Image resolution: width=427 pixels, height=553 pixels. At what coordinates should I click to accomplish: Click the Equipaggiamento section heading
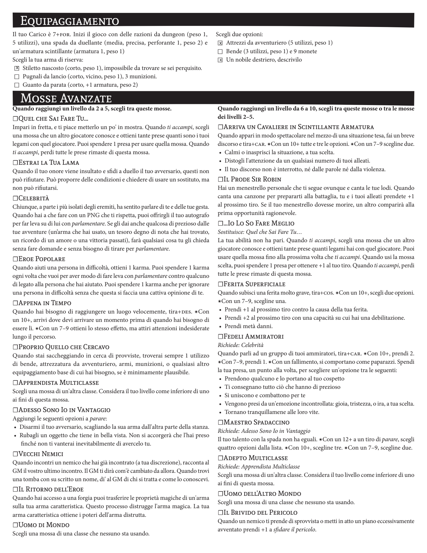70,21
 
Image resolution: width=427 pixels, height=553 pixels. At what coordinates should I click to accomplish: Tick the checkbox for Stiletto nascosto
17,68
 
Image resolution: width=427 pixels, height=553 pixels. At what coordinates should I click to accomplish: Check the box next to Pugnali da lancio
17,77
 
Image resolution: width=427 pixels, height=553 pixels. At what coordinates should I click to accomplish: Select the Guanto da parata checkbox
17,85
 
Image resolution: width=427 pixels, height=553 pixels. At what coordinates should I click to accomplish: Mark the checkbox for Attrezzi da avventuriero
220,43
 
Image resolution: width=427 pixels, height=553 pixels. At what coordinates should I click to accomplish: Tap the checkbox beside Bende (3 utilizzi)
220,52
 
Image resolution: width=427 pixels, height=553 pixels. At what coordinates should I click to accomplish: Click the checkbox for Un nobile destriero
220,60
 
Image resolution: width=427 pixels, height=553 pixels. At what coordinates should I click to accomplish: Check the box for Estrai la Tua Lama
15,163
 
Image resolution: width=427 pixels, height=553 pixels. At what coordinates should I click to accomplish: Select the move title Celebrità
34,198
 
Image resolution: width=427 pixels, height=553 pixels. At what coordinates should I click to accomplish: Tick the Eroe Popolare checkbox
15,259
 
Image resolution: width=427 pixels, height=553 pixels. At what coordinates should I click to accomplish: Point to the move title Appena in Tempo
45,303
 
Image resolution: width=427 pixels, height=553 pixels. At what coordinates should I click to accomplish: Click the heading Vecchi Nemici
41,454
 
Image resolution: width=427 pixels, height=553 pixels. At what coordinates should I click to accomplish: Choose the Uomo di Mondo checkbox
15,525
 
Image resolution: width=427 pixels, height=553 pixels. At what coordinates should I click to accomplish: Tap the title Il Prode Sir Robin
252,179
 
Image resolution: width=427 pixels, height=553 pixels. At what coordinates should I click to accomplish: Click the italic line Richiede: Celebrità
240,345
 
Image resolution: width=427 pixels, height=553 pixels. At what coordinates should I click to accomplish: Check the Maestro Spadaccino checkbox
220,422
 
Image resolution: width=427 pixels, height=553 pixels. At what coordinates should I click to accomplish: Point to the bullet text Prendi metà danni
248,326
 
